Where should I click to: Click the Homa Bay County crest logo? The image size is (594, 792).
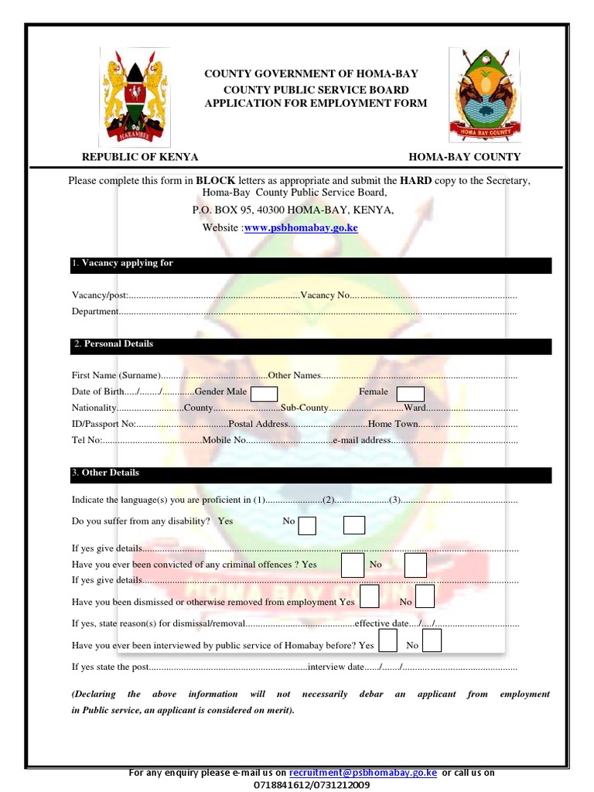(486, 94)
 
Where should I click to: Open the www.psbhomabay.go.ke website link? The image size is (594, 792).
(301, 228)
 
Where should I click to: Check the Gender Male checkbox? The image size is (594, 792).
(264, 394)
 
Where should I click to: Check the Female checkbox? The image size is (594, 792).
(411, 394)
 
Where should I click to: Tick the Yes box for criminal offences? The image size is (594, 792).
(353, 565)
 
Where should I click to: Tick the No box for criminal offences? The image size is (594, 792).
(415, 566)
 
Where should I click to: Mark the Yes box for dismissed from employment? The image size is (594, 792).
(370, 597)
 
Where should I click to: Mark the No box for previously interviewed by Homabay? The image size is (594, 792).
(432, 641)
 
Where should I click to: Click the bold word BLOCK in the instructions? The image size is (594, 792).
(215, 180)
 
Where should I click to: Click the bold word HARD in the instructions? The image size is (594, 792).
(415, 180)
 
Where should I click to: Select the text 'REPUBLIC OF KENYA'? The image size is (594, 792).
(140, 156)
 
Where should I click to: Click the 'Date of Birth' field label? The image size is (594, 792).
(97, 391)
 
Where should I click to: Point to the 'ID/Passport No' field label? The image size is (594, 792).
(104, 424)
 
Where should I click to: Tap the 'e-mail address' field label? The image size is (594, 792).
(361, 440)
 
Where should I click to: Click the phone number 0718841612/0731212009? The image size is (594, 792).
(312, 785)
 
